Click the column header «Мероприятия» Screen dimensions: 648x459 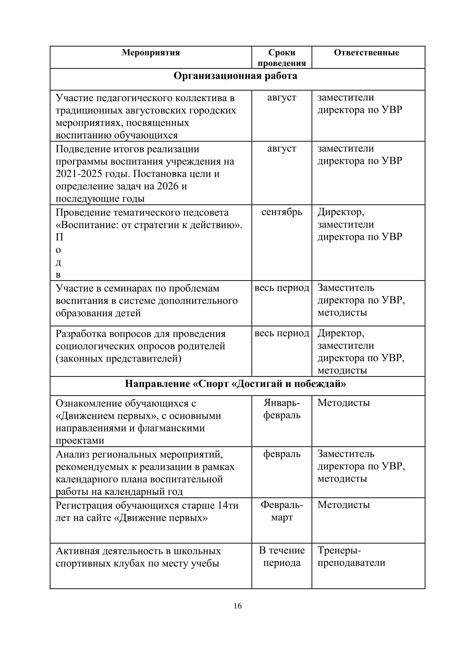tap(151, 53)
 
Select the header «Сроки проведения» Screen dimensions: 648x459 tap(282, 58)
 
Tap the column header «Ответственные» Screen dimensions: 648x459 tap(366, 53)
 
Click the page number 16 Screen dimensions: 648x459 tap(237, 606)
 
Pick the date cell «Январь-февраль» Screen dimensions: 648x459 tap(282, 409)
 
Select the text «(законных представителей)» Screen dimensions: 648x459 tap(118, 358)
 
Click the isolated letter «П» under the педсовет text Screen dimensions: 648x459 tap(59, 237)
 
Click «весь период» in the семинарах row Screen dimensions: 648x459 tap(282, 288)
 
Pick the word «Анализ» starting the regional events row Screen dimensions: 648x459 tap(72, 454)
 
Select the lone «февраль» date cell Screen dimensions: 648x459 tap(282, 454)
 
